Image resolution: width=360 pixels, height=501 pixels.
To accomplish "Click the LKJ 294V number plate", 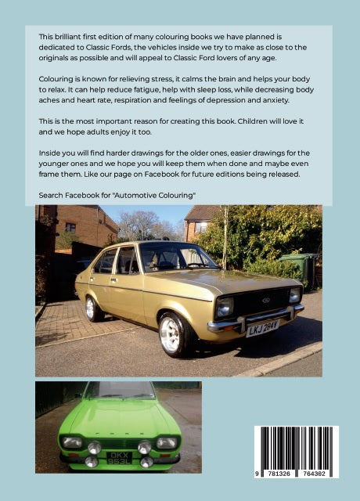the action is [x=263, y=327].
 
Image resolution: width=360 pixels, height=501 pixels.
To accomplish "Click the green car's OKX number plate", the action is [x=118, y=459].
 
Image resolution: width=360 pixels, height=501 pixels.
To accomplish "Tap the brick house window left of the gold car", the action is [x=70, y=227].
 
